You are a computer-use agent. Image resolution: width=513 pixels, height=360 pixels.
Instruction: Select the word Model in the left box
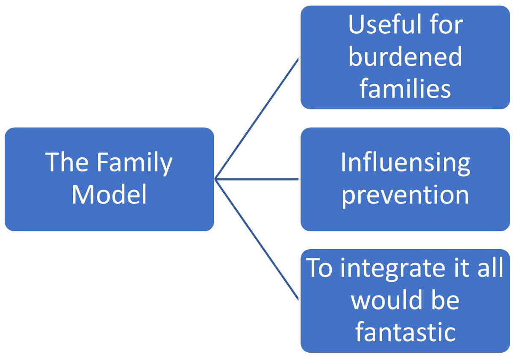(109, 195)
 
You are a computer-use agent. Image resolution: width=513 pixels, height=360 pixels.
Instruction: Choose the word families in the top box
(405, 89)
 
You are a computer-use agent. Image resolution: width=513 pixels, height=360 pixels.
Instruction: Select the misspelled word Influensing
(405, 163)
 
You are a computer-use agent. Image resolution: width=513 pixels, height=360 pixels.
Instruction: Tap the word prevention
(405, 195)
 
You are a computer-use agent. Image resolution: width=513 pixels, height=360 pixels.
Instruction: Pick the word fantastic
(405, 332)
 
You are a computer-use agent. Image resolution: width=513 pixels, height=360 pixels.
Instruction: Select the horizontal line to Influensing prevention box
(256, 180)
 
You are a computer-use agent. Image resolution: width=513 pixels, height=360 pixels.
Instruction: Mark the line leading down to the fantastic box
(256, 240)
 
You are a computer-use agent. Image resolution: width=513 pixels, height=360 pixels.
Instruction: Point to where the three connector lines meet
(215, 180)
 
